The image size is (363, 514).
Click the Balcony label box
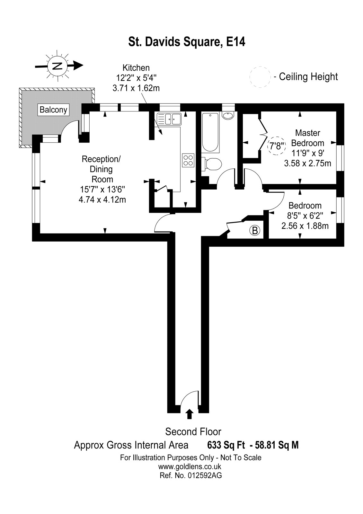point(53,110)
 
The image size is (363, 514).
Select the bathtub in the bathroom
point(211,132)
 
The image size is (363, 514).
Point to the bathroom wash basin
point(228,116)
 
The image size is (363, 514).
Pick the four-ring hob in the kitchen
point(188,160)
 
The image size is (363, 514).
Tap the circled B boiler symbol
point(254,230)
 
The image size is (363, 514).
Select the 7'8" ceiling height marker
point(277,146)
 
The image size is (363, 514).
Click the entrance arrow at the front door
point(189,414)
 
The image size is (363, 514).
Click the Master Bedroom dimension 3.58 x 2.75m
point(307,164)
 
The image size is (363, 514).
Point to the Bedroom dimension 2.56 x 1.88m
point(305,226)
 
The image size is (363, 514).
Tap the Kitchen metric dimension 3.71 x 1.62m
point(136,88)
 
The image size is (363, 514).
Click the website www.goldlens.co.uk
point(190,466)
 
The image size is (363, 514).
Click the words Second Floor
point(193,431)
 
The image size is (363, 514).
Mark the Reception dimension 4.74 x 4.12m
point(102,199)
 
